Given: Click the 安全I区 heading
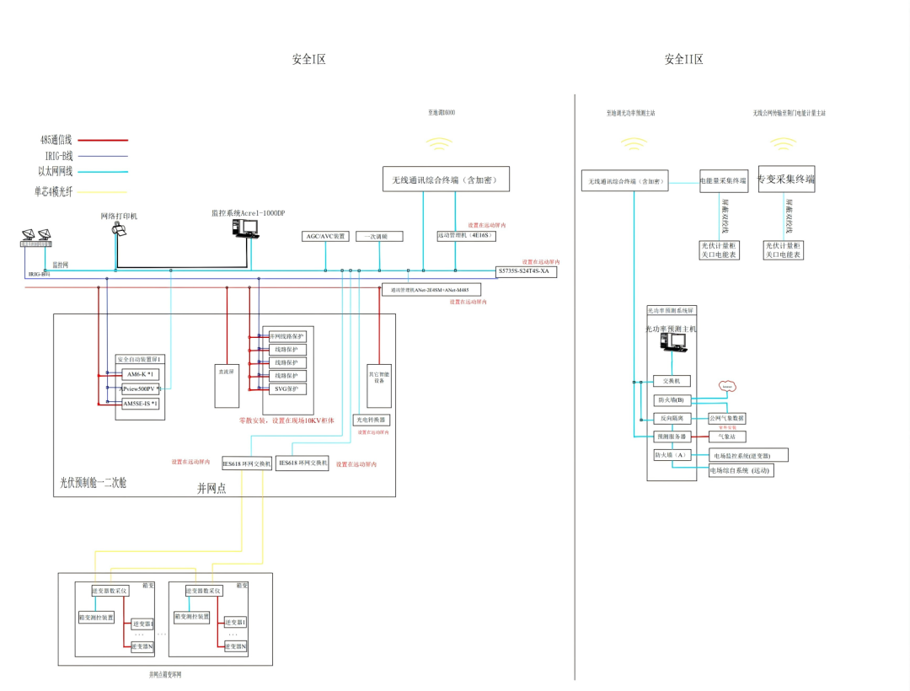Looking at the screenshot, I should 308,59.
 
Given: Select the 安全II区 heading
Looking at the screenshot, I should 683,59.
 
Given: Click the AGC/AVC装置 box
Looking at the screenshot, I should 325,237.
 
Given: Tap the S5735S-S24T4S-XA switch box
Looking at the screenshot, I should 527,271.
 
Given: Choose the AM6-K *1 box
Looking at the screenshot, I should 137,374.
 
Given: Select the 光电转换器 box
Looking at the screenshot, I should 371,419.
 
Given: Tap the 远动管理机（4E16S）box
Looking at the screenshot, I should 466,236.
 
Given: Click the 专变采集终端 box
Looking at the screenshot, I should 786,179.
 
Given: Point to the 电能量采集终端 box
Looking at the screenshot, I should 724,180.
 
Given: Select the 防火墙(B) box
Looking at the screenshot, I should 672,399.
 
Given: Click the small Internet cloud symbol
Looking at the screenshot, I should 727,386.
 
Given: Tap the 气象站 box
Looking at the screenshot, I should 726,437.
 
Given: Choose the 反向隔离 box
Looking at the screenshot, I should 672,418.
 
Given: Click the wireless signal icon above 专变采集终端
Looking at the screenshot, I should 785,143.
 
